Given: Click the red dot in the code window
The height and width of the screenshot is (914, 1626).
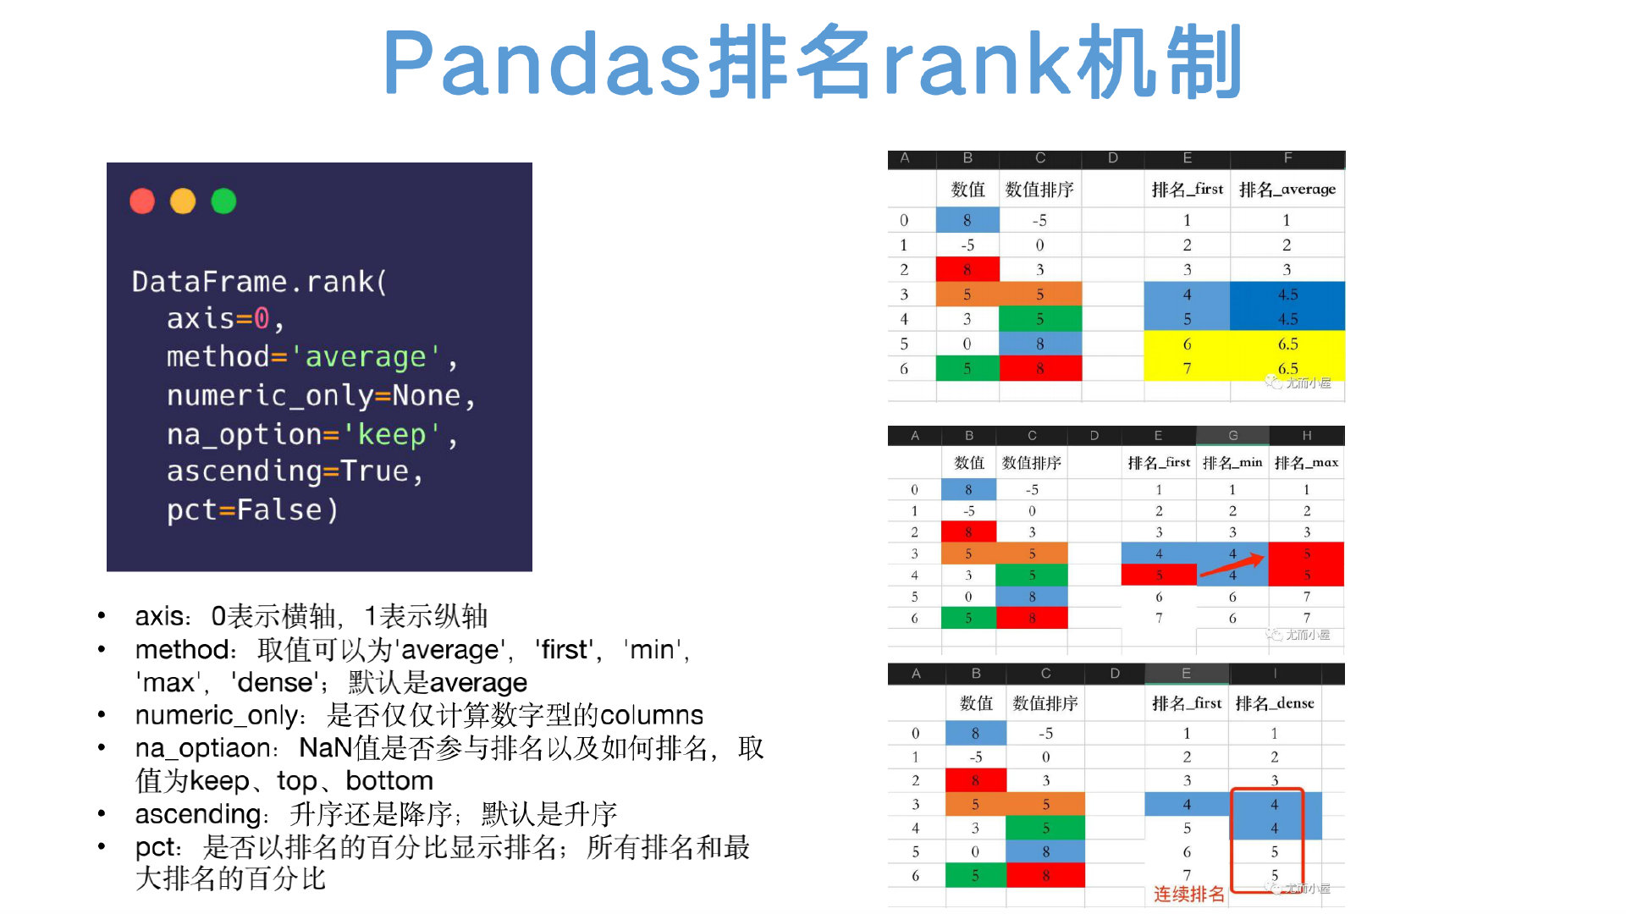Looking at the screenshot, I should pyautogui.click(x=142, y=201).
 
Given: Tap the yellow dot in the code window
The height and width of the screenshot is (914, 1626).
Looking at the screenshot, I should pyautogui.click(x=183, y=201).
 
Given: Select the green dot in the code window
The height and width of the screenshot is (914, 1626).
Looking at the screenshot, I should pyautogui.click(x=223, y=201).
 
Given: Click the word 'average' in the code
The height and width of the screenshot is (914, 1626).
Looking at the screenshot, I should pyautogui.click(x=365, y=357).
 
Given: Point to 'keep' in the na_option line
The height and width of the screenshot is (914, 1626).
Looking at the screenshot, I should pyautogui.click(x=391, y=434).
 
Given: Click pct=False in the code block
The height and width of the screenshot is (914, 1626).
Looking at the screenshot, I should pyautogui.click(x=251, y=510).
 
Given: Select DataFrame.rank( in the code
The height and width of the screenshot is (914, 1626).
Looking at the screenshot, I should pyautogui.click(x=259, y=282).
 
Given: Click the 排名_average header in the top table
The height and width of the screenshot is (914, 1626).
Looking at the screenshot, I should pyautogui.click(x=1287, y=190).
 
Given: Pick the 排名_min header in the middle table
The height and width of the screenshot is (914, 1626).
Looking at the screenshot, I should pyautogui.click(x=1232, y=462).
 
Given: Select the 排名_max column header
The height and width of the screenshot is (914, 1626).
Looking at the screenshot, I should pyautogui.click(x=1306, y=462).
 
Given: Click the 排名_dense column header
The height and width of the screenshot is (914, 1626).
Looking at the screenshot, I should pyautogui.click(x=1274, y=703).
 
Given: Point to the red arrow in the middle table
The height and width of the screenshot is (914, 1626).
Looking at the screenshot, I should pyautogui.click(x=1232, y=565).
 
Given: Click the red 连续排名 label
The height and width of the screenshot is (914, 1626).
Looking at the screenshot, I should pyautogui.click(x=1188, y=894).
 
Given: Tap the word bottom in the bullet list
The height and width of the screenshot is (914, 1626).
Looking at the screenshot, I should pyautogui.click(x=389, y=780).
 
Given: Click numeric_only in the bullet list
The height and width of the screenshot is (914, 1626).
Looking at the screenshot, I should pyautogui.click(x=216, y=715).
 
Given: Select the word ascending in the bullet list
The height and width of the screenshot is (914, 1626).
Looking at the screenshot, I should pyautogui.click(x=198, y=814).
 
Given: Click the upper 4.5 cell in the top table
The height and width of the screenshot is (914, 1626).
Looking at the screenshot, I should pyautogui.click(x=1287, y=295).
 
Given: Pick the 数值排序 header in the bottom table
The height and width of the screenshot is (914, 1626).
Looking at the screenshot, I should pyautogui.click(x=1045, y=703).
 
